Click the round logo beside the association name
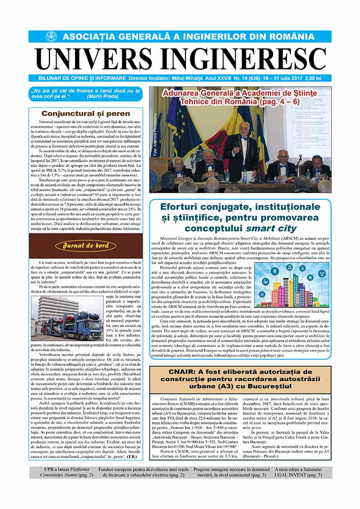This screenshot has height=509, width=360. tap(52, 37)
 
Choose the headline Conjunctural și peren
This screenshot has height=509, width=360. tap(86, 113)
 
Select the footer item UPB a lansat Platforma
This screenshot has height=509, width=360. tap(62, 472)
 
